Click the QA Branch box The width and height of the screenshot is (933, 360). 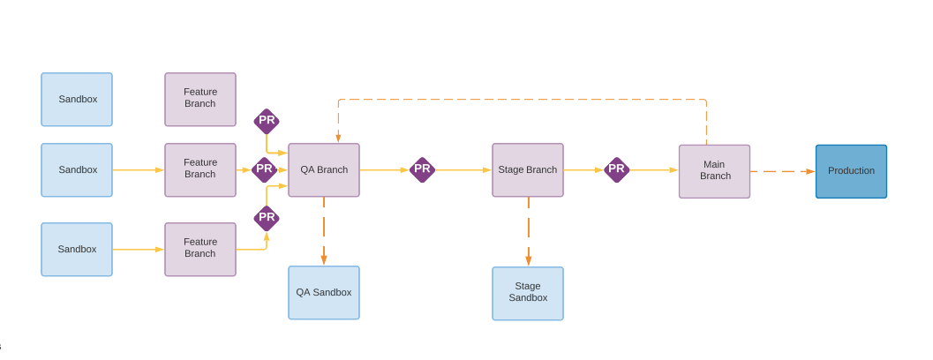click(323, 170)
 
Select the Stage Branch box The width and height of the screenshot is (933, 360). click(527, 170)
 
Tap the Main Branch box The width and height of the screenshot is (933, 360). click(714, 171)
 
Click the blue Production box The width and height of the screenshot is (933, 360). click(851, 171)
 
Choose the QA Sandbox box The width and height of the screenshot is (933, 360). click(323, 293)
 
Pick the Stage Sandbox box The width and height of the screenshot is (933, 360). click(527, 293)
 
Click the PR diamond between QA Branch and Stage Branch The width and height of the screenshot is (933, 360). click(422, 169)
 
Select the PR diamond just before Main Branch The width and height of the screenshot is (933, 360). click(616, 169)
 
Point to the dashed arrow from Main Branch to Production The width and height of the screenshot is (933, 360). click(782, 171)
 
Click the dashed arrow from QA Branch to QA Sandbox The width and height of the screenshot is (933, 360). click(324, 231)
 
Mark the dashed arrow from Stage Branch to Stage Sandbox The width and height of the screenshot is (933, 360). click(529, 231)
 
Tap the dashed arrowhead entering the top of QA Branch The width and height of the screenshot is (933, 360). click(338, 138)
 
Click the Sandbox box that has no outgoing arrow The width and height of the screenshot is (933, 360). click(77, 100)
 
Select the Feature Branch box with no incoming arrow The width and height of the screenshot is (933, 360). click(200, 100)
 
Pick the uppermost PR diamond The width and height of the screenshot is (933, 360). click(267, 121)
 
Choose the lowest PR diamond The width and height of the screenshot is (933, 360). click(267, 218)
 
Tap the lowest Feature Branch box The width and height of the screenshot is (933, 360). click(200, 249)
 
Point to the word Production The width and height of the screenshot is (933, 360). click(851, 171)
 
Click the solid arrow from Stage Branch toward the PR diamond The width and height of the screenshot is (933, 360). click(583, 170)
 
